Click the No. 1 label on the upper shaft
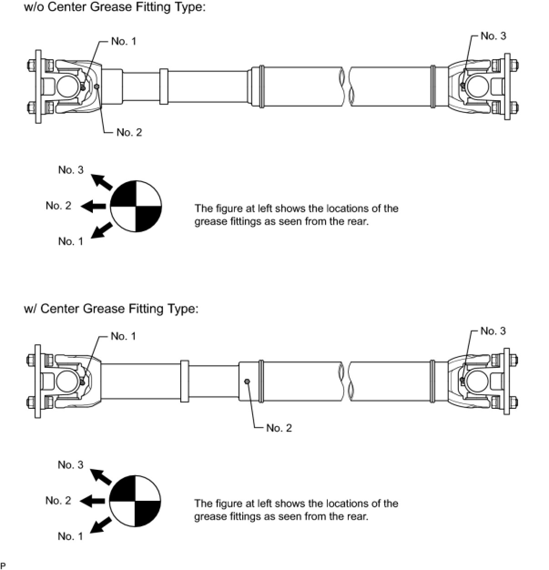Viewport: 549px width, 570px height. [123, 41]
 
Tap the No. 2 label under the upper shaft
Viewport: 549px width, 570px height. [129, 132]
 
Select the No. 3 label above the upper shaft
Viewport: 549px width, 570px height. [493, 36]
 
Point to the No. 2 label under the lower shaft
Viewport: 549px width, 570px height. [279, 427]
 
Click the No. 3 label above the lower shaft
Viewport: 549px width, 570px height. [493, 331]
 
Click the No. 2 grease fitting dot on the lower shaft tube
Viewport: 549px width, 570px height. [247, 382]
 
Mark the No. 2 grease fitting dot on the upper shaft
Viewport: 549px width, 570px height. [97, 86]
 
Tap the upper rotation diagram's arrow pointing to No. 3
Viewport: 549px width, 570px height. [101, 182]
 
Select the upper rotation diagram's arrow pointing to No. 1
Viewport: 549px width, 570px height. [102, 230]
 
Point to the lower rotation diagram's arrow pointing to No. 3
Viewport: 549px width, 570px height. [101, 477]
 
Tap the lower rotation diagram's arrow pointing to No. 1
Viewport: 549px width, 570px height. [102, 525]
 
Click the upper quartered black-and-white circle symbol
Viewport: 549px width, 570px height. [136, 206]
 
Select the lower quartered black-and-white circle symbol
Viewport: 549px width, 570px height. [135, 501]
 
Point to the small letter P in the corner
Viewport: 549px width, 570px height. [3, 566]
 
